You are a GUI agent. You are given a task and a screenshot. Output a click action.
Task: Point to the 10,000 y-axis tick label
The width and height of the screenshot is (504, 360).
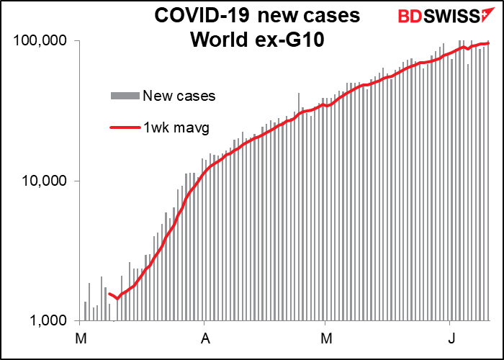point(45,181)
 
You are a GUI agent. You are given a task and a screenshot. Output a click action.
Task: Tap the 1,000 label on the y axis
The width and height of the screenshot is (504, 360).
point(49,321)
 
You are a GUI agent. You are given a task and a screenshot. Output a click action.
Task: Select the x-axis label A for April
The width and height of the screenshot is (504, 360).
point(205,339)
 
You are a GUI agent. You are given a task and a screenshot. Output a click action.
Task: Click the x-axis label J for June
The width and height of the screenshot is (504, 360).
point(451,339)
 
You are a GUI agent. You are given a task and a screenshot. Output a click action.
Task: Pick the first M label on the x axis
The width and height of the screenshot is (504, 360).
point(81,339)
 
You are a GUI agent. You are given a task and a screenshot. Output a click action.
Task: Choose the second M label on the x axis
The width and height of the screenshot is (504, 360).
point(327,339)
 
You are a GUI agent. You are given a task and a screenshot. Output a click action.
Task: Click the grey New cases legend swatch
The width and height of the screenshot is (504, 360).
point(125,96)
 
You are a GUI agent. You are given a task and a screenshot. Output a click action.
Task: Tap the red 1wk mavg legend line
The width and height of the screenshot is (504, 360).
point(125,127)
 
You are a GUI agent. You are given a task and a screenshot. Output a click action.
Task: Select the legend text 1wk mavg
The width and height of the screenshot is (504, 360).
point(176,128)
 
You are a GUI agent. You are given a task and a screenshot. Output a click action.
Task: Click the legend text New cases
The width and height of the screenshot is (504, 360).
point(179,96)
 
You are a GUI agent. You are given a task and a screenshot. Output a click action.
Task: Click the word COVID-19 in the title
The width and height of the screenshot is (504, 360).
point(202,16)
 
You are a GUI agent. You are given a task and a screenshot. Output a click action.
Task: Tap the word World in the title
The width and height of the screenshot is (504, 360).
point(215,40)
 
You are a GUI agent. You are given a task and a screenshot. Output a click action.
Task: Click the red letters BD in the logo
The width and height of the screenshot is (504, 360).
point(410,16)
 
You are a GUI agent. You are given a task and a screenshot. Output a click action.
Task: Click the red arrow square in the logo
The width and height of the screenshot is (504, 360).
point(487,15)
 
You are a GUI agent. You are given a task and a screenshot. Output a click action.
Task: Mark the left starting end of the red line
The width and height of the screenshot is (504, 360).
point(109,294)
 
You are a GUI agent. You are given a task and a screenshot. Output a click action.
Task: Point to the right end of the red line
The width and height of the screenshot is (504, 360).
point(489,43)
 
